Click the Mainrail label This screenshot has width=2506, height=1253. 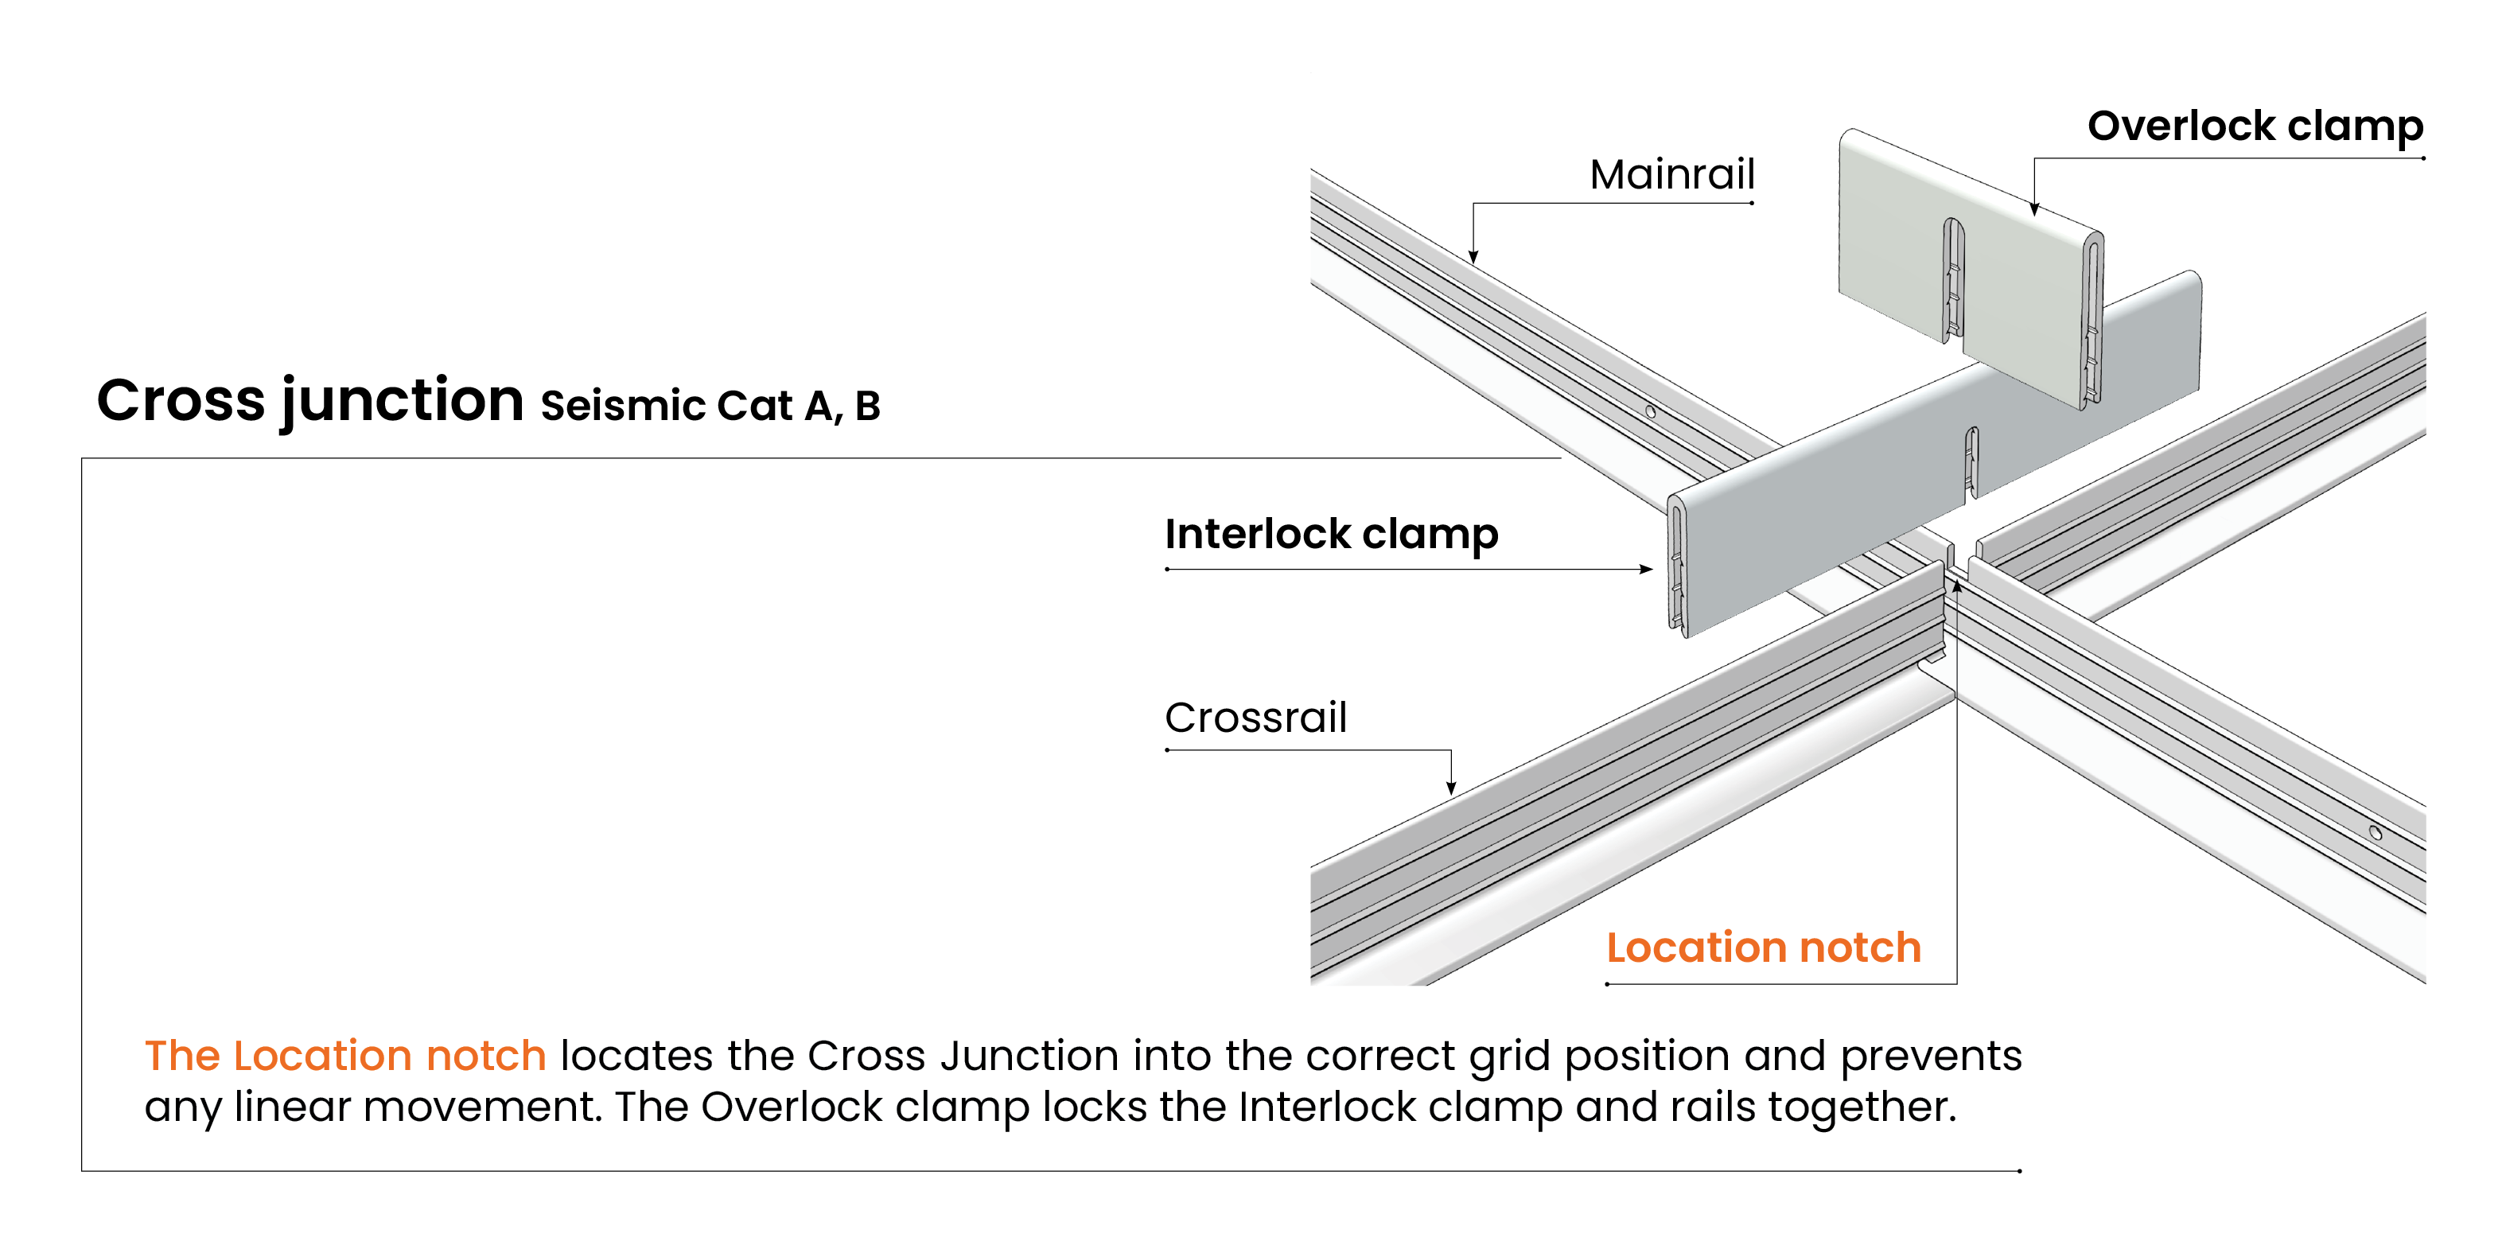(x=1671, y=175)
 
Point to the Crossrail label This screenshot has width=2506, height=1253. (x=1255, y=718)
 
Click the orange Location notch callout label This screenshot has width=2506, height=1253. (x=1763, y=948)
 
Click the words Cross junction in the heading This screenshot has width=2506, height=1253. (x=310, y=400)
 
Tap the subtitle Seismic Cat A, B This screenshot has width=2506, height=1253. (x=710, y=406)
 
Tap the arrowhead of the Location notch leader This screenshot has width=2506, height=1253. (x=1956, y=586)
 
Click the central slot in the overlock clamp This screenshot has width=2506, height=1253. (x=1953, y=278)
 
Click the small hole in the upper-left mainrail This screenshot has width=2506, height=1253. (x=1650, y=411)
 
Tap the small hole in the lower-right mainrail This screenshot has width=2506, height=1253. (x=2375, y=833)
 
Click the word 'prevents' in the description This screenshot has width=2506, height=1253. (x=1930, y=1056)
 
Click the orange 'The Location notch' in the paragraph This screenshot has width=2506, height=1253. (x=345, y=1056)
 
